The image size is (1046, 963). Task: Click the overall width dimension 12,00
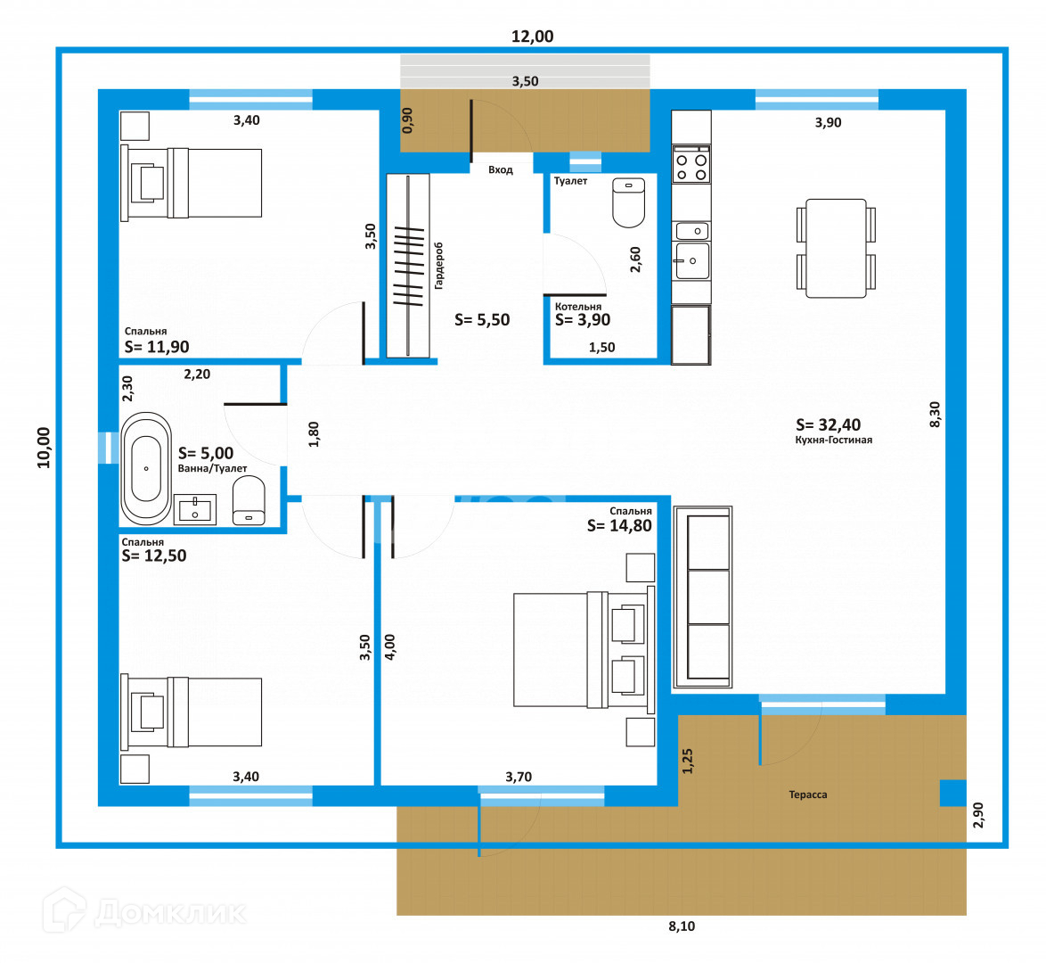coord(532,37)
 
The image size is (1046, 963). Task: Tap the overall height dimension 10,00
coord(44,448)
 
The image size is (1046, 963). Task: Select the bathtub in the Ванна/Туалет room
coord(146,468)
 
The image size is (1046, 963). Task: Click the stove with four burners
coord(691,164)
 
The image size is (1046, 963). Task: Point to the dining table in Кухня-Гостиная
coord(836,249)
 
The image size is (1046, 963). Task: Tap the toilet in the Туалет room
coord(628,202)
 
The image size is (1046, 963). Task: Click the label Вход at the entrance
coord(501,170)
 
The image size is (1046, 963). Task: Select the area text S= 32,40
coord(828,424)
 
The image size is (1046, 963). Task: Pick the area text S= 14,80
coord(619,526)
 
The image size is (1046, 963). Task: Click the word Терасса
coord(808,794)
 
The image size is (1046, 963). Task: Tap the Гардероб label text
coord(438,266)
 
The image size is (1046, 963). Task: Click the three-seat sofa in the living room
coord(702,597)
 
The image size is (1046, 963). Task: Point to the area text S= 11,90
coord(157,347)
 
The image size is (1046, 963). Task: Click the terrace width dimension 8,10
coord(682,926)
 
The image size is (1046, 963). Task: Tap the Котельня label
coord(577,307)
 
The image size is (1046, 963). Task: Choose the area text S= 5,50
coord(482,321)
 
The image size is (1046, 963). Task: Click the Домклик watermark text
coord(170,912)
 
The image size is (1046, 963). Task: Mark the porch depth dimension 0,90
coord(407,120)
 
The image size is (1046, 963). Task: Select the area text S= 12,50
coord(154,556)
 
